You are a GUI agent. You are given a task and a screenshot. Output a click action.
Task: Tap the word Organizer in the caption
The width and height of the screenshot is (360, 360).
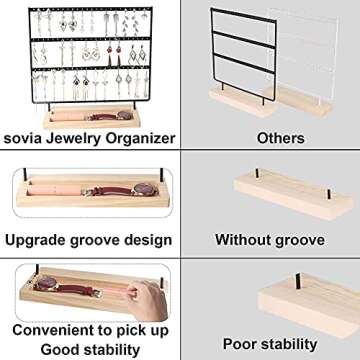pos(135,138)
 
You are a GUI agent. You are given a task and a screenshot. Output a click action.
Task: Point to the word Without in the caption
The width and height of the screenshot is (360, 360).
pos(243,240)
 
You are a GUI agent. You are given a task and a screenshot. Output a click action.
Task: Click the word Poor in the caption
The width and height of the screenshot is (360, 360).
pos(238,344)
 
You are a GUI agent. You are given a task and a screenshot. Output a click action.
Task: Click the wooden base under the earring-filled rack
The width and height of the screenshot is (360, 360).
pos(92,107)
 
